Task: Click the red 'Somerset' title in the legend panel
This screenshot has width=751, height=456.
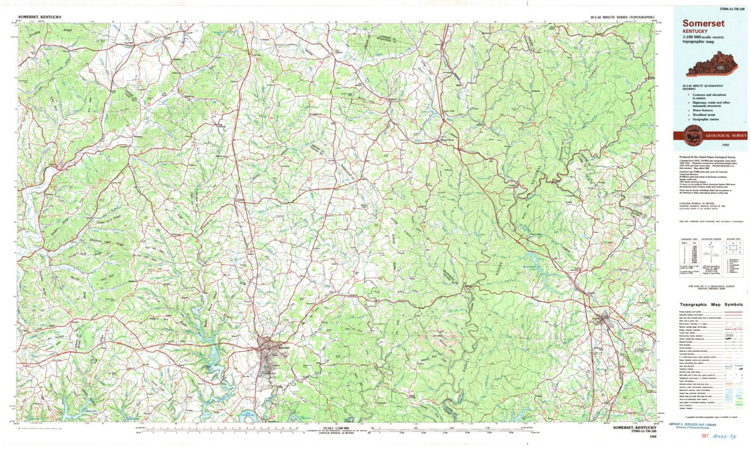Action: coord(700,24)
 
